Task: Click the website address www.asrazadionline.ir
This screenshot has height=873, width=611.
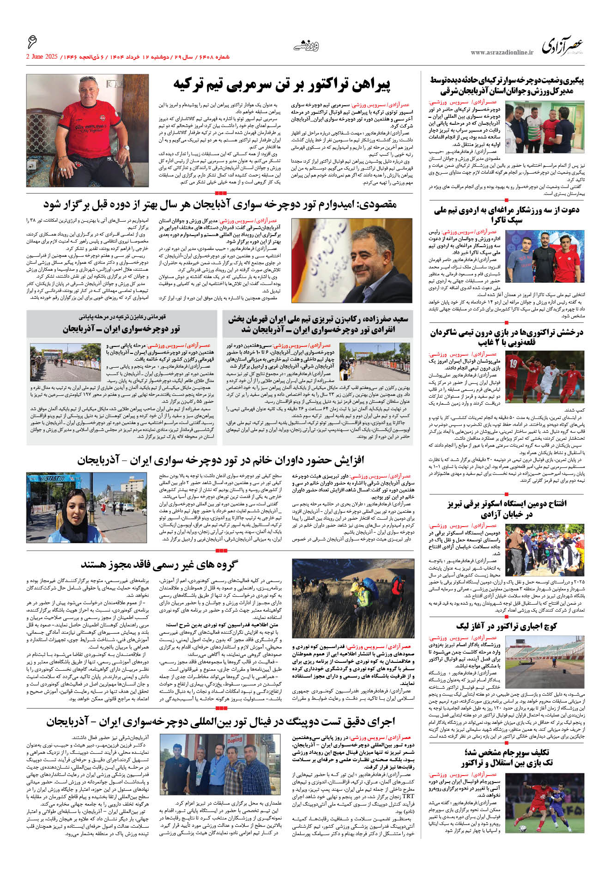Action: (502, 53)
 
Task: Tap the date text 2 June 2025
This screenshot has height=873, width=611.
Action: (42, 57)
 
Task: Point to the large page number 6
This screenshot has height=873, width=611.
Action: (32, 42)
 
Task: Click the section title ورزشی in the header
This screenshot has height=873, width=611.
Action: (306, 45)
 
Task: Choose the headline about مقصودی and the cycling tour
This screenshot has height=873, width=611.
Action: (220, 204)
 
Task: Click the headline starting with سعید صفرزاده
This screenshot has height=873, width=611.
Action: (318, 324)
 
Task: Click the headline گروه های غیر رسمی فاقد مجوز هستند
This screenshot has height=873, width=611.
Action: (159, 564)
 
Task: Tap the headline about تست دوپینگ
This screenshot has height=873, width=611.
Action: (221, 721)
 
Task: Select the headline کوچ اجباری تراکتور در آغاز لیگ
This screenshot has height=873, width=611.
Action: (507, 626)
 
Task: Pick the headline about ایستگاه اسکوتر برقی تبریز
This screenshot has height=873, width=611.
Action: (507, 509)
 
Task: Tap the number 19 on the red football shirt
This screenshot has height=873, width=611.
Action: (513, 364)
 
